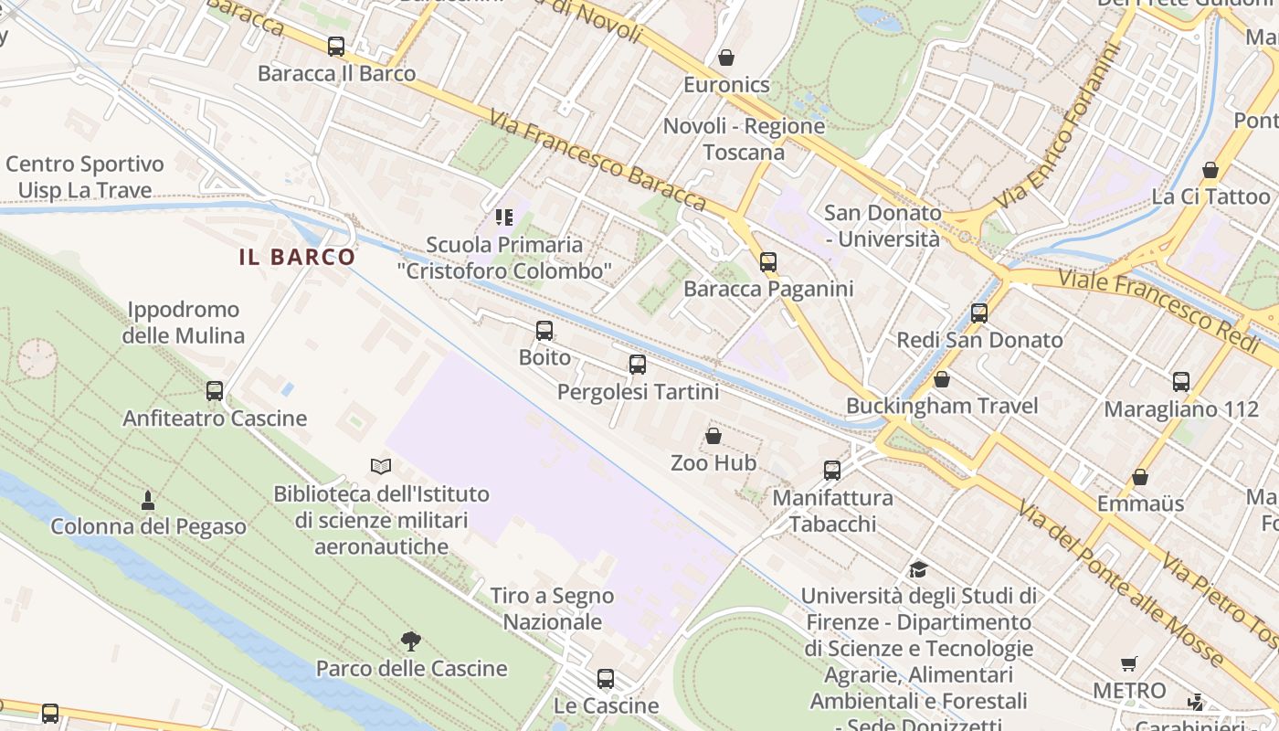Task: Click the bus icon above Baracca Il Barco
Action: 336,46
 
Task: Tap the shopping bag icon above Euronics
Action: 726,58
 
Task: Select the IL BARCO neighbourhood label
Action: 297,257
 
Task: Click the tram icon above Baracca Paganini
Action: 768,262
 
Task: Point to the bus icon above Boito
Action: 544,330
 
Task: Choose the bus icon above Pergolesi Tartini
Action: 638,365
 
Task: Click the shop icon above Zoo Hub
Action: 713,436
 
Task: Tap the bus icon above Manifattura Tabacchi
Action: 832,471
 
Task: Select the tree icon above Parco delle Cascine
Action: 411,641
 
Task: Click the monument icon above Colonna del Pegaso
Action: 148,500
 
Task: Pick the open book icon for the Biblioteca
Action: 381,466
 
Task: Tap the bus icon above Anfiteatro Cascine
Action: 215,391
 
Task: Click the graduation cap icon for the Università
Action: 918,569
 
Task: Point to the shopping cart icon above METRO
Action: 1129,663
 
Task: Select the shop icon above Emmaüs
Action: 1140,477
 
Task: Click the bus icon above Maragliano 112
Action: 1181,382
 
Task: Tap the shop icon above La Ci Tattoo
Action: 1210,170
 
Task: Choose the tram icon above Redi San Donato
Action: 979,313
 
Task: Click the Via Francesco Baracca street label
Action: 597,160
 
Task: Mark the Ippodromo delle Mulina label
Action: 184,323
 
